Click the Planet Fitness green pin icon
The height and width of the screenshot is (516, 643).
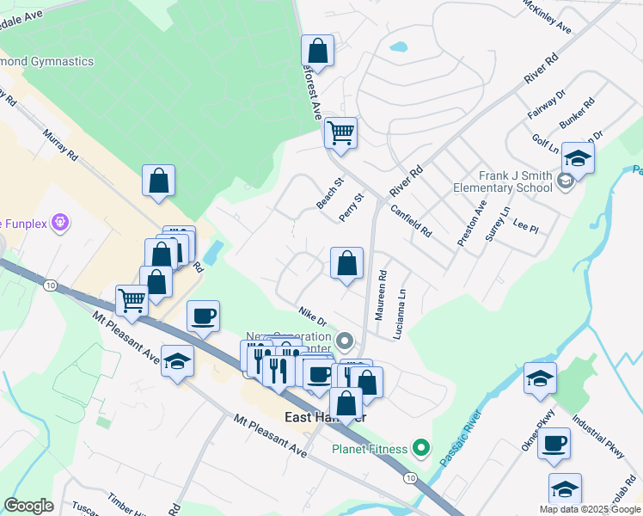420,448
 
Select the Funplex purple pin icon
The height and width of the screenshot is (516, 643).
59,224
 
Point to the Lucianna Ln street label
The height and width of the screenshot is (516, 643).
398,318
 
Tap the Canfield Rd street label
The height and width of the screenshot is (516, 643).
411,221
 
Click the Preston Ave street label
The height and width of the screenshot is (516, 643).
472,224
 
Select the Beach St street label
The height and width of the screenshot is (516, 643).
329,193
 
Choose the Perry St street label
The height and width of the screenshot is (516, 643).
352,207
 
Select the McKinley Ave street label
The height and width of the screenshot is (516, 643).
547,16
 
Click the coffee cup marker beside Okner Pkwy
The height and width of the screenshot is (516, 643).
554,443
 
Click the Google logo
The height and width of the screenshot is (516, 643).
29,506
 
